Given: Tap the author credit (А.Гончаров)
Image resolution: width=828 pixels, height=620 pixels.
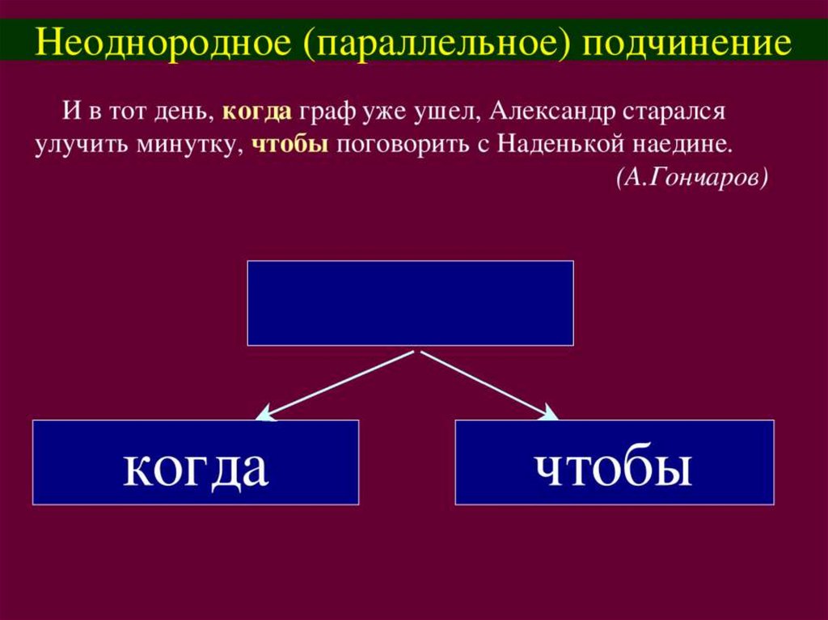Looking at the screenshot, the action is pos(691,178).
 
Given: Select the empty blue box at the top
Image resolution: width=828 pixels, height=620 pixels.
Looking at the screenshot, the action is pos(410,303).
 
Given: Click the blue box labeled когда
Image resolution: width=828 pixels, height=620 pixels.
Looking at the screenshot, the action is pos(196,462).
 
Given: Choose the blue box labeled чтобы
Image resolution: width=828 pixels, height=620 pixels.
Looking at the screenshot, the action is pos(615,462).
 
